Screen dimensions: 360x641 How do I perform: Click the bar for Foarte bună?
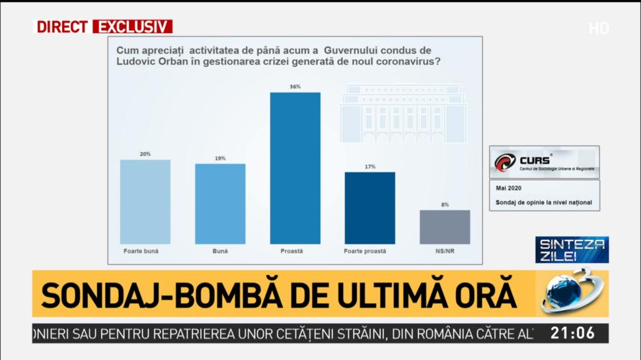point(145,201)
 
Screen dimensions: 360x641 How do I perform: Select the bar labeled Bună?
point(220,203)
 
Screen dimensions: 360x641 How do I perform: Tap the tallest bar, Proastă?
point(295,168)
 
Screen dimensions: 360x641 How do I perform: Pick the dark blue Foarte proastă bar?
point(370,208)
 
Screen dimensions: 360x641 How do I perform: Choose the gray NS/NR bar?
point(445,227)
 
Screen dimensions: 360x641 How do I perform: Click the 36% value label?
point(295,87)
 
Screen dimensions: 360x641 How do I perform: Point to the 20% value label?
point(145,154)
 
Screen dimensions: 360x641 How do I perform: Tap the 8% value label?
point(445,205)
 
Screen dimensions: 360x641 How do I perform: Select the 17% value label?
point(370,166)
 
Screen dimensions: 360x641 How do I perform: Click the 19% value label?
point(220,159)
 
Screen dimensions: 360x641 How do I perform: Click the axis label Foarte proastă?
point(365,251)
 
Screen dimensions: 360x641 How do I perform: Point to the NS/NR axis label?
point(445,251)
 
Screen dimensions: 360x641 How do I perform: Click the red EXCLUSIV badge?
point(132,27)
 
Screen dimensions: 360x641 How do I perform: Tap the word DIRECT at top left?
point(62,27)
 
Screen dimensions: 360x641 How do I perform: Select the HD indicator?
point(599,28)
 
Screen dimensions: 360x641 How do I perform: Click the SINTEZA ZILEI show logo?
point(571,250)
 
